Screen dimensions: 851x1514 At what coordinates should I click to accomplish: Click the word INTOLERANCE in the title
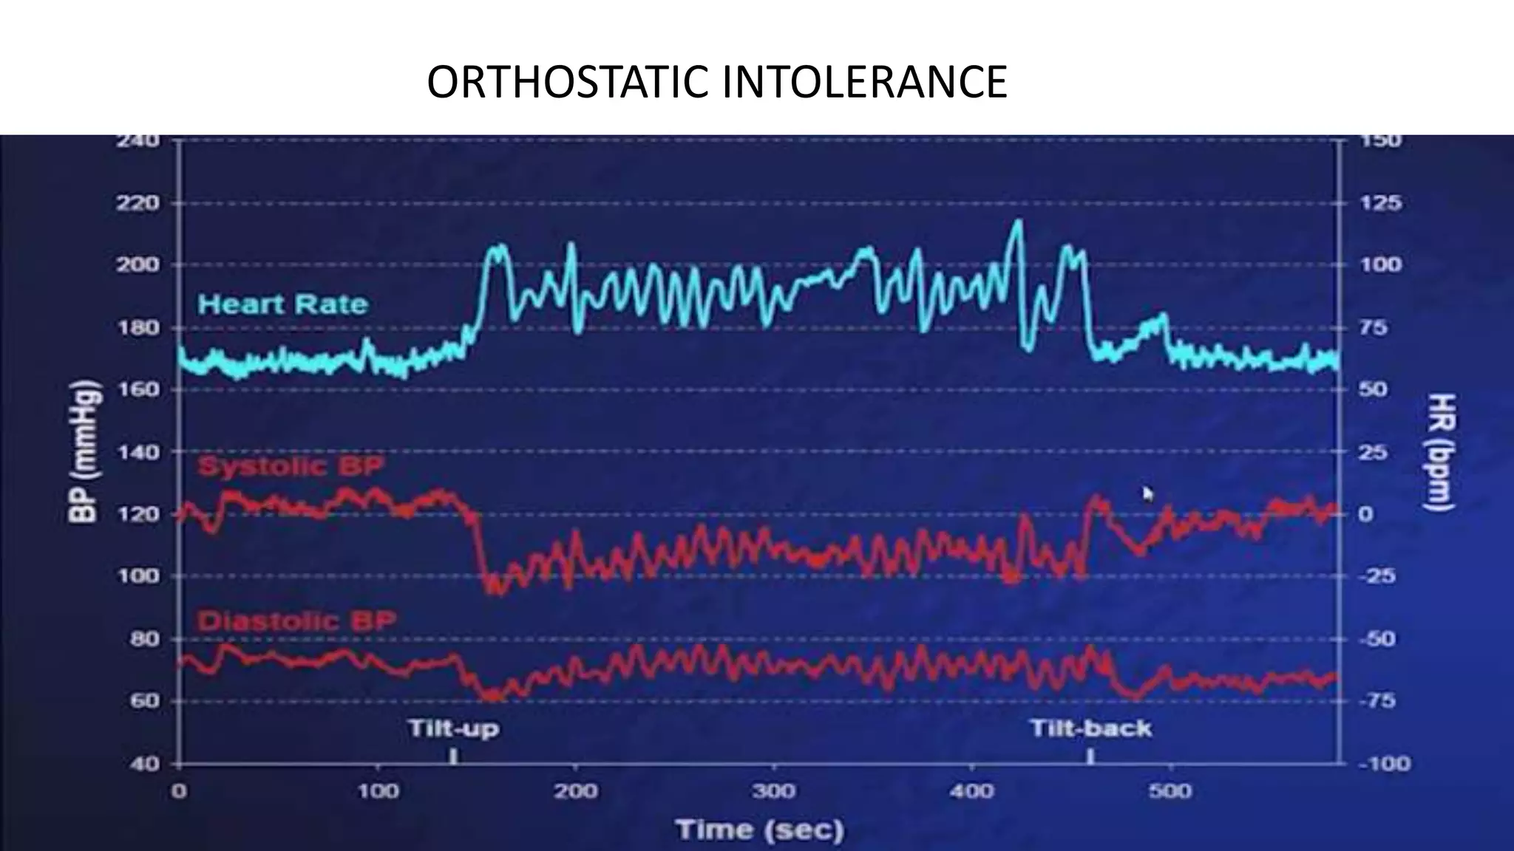(x=863, y=82)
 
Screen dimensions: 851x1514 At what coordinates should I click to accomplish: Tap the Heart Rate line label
(x=283, y=304)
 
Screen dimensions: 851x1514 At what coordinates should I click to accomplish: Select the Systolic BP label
(x=291, y=466)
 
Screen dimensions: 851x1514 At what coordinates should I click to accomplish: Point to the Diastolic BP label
(x=296, y=621)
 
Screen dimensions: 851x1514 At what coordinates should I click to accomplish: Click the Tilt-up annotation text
(x=453, y=728)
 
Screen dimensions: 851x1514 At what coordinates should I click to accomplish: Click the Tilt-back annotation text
(x=1091, y=728)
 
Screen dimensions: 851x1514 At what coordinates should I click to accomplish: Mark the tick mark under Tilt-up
(x=453, y=756)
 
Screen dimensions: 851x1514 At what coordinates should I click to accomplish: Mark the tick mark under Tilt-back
(x=1090, y=756)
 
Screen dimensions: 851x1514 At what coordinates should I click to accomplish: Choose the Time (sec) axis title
(x=760, y=830)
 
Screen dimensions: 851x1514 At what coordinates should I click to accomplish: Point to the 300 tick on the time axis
(x=773, y=791)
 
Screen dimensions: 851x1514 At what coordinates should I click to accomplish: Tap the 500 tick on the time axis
(x=1170, y=791)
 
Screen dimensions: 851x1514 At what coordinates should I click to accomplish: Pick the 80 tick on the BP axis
(x=145, y=638)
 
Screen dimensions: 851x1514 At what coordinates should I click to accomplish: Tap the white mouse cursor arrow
(x=1147, y=493)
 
